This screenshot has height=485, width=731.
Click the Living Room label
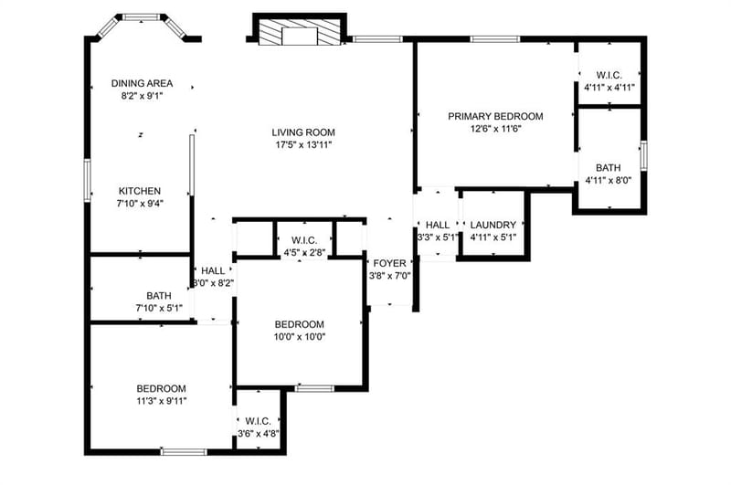click(x=303, y=132)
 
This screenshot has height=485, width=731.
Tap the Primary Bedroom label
click(x=495, y=117)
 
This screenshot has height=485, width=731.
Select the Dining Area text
click(x=142, y=83)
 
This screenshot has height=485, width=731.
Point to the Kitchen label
click(x=140, y=191)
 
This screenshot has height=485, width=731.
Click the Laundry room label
click(x=493, y=225)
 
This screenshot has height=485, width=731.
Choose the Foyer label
click(x=390, y=264)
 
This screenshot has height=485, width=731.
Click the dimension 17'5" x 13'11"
click(x=303, y=145)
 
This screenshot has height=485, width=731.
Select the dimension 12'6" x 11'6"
click(x=495, y=129)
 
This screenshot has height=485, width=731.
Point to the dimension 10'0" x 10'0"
click(x=300, y=337)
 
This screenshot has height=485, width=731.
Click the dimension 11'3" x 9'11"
click(x=162, y=401)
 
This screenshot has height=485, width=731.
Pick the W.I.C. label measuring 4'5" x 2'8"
click(x=304, y=241)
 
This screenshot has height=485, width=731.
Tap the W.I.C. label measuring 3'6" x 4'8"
click(x=258, y=422)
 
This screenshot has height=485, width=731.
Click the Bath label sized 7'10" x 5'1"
click(x=158, y=296)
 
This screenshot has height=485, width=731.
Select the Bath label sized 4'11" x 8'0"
click(x=608, y=168)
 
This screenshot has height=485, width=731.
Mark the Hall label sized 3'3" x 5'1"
click(x=438, y=225)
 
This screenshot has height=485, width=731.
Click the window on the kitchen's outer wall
click(x=87, y=180)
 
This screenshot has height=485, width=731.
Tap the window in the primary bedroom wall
click(x=494, y=39)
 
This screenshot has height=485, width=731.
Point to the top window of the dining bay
click(x=142, y=17)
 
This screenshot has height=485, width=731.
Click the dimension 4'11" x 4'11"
click(x=609, y=87)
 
